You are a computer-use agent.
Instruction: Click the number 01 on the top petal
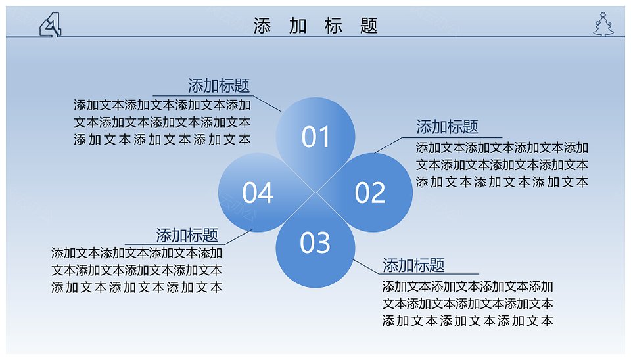315,137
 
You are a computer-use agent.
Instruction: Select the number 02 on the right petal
370,192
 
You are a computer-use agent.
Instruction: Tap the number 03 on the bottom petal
315,242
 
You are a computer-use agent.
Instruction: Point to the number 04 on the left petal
258,192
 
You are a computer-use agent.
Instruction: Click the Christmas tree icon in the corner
603,24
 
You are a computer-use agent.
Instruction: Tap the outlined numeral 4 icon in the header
51,24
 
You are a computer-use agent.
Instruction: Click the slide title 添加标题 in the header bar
315,26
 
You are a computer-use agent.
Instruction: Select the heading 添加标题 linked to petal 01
218,85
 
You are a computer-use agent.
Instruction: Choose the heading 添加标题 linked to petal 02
447,127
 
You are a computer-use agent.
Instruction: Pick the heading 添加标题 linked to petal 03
413,265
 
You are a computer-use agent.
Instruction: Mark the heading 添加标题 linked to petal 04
187,235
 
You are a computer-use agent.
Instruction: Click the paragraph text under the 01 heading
162,122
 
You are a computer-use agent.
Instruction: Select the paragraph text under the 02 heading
502,165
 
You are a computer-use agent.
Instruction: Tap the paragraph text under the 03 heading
467,304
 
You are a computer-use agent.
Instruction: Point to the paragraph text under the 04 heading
137,270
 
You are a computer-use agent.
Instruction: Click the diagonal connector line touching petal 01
267,103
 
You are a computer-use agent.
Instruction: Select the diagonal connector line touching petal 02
388,145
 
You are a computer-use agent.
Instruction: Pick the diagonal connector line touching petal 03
365,266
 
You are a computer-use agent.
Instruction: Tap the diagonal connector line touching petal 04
239,236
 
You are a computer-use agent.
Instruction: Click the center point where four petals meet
315,192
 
